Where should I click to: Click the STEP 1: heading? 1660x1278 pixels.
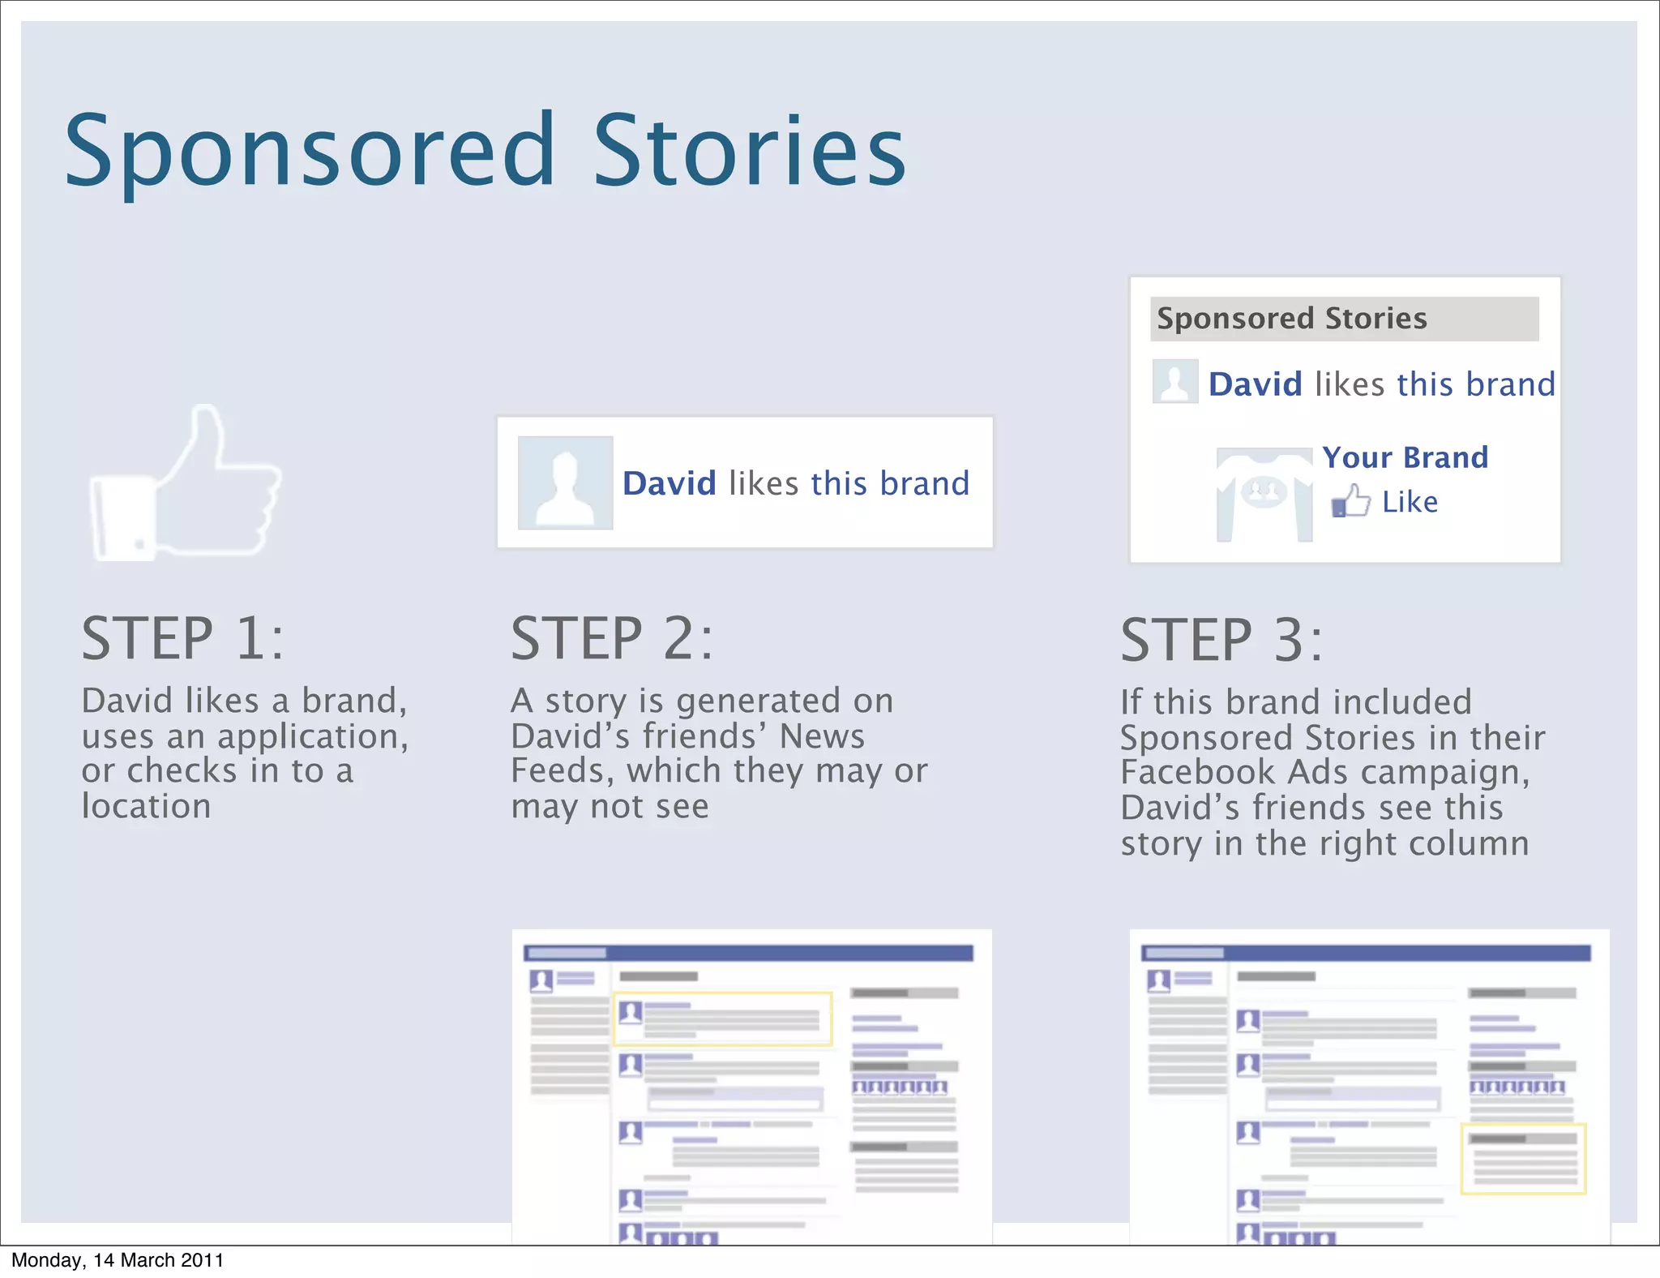[182, 639]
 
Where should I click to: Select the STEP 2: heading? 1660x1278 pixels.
[612, 639]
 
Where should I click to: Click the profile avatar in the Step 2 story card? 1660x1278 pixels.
[565, 483]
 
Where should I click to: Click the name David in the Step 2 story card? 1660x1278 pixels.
[669, 484]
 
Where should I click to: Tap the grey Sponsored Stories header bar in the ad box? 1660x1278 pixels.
[1344, 319]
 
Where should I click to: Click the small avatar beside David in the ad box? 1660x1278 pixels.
[1174, 381]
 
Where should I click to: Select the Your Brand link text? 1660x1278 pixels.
[1405, 457]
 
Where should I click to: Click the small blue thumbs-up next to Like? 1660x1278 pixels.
[1350, 501]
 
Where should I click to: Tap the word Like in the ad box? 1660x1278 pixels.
[1410, 502]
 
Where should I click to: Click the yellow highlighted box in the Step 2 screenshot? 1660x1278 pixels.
[722, 1019]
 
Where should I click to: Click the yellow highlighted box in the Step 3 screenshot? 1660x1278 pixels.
[1523, 1159]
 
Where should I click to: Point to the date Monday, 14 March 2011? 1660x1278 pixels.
[118, 1260]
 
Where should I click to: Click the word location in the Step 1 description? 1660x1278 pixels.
[147, 806]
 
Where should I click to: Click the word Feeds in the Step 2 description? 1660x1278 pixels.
[562, 770]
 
